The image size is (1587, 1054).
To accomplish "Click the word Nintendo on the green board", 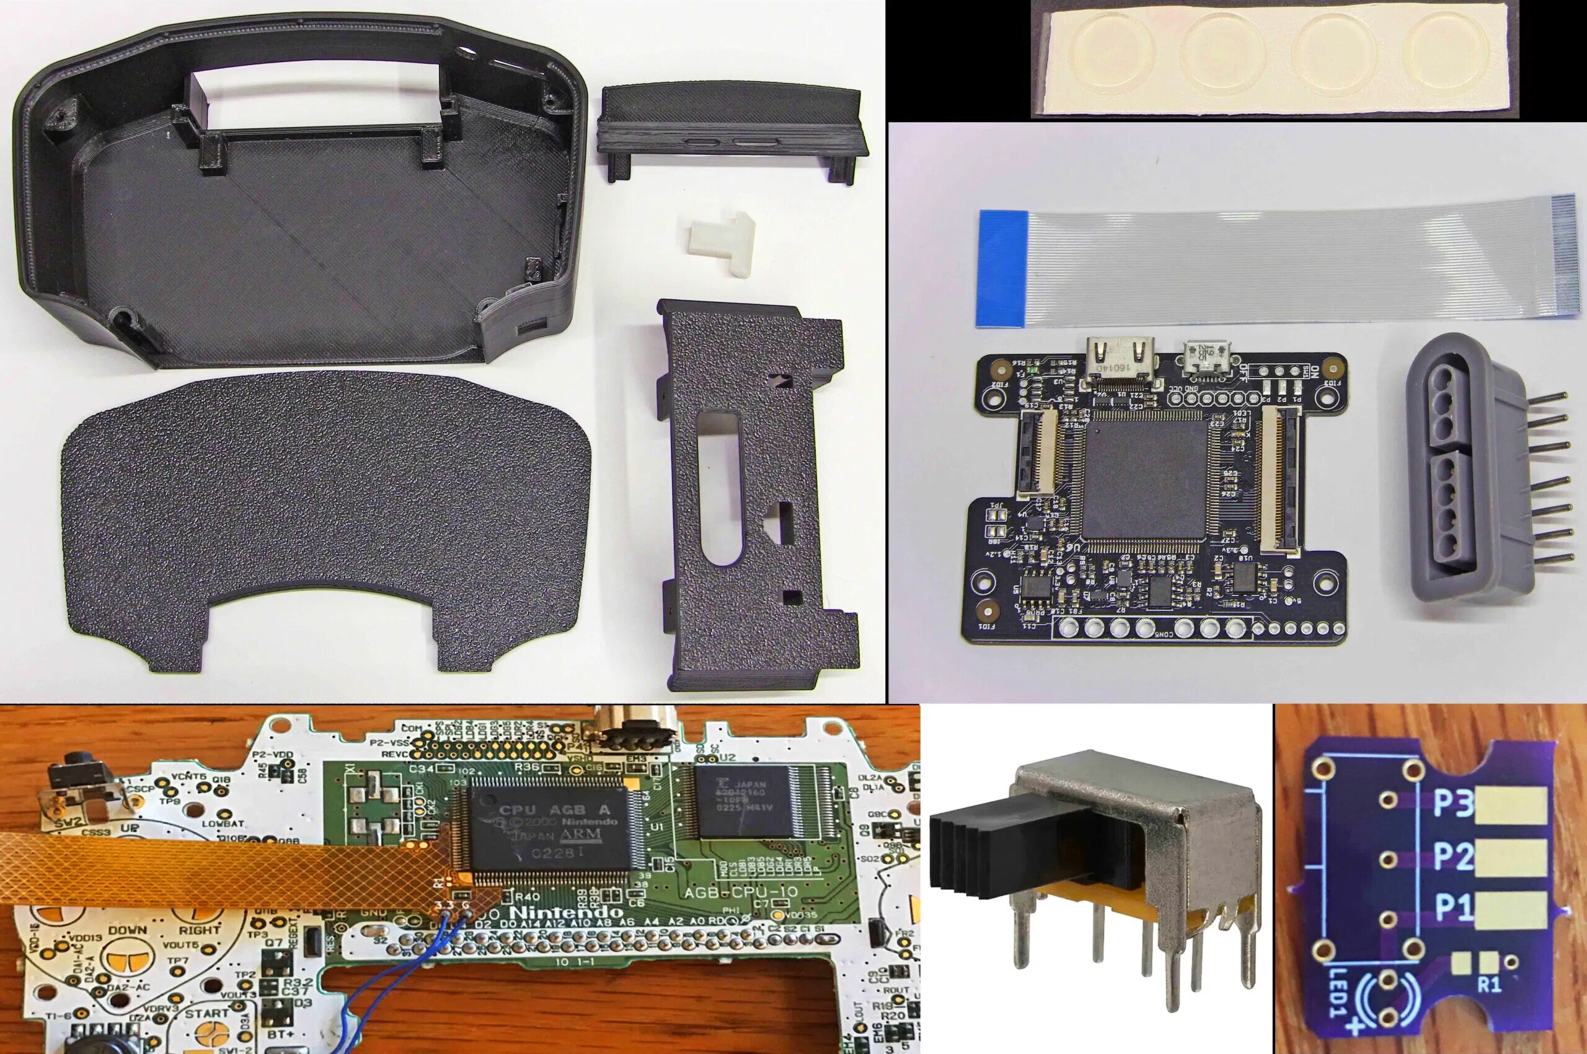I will [565, 912].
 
